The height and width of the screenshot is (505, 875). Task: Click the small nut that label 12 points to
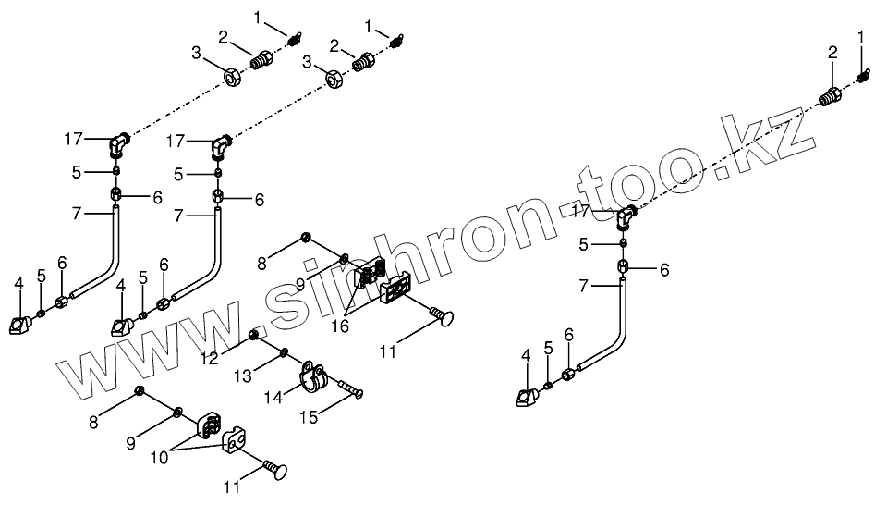tap(254, 335)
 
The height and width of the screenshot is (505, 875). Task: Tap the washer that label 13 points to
tap(285, 351)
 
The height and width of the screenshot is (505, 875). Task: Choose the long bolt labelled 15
tap(346, 388)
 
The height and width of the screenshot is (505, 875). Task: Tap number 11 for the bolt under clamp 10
tap(233, 483)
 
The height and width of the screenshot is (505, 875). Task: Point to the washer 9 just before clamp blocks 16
tap(344, 257)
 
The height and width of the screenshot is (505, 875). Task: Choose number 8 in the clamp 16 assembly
tap(261, 263)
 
